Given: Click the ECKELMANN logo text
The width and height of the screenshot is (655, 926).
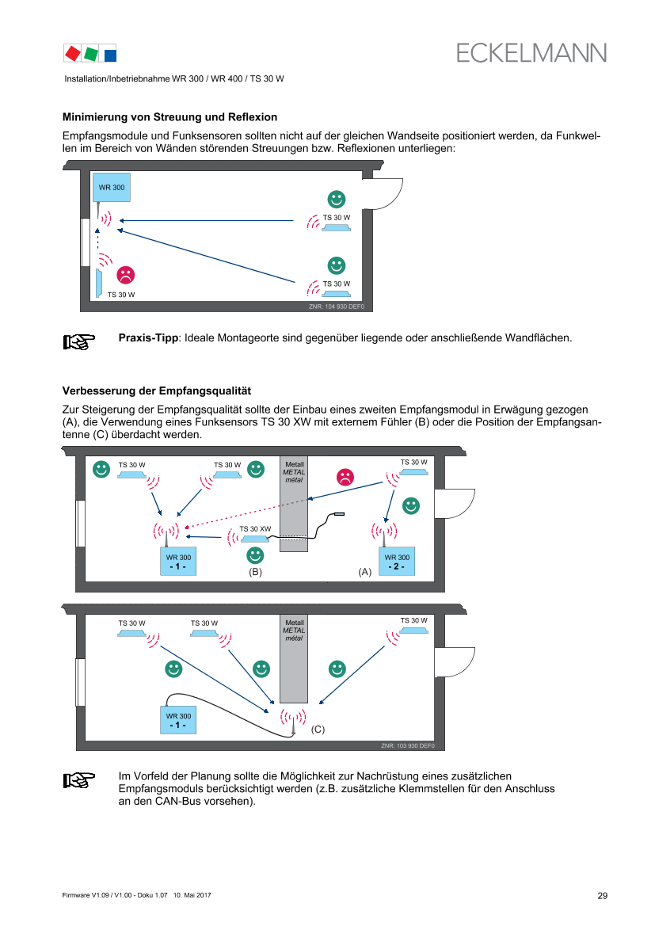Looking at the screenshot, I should coord(531,52).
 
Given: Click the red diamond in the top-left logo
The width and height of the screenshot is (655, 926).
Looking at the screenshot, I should coord(73,53).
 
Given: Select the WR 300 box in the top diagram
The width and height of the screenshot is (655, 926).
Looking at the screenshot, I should coord(111,187).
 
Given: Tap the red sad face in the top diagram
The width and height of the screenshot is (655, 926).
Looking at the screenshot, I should coord(125,275).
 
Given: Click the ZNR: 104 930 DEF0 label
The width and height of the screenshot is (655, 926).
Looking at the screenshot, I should coord(336,306).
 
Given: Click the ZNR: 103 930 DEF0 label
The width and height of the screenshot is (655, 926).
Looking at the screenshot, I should coord(407,745).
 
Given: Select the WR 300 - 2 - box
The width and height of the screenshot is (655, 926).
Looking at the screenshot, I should coord(397,561).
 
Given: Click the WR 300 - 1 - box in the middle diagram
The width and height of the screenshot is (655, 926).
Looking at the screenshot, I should coord(177,561).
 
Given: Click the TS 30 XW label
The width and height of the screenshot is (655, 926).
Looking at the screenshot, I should coord(255,528).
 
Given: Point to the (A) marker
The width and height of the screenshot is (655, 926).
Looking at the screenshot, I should coord(364,571).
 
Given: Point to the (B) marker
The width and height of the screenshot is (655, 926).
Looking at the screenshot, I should coord(255,571).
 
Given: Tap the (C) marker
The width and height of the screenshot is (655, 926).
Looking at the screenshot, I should coord(318,728).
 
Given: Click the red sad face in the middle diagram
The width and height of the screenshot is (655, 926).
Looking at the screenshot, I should coord(345,477).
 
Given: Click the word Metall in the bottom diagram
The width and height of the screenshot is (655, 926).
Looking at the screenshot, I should coord(294,623).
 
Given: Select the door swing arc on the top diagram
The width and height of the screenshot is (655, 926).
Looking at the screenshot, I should coord(385,195).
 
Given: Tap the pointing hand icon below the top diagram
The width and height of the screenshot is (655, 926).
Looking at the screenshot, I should coord(79,341).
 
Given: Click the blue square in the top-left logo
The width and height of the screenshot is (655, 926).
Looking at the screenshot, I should coord(110,55).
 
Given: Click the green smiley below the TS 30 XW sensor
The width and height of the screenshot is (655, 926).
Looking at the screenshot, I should coord(255,555).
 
